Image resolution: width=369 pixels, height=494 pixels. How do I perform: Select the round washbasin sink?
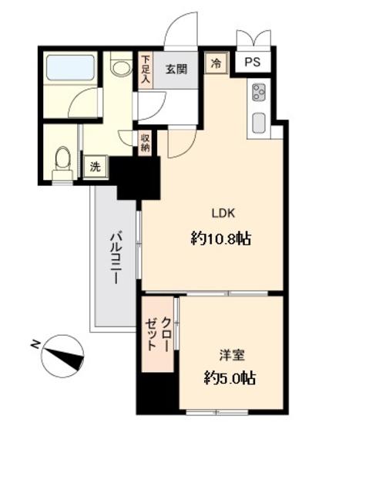(x=121, y=69)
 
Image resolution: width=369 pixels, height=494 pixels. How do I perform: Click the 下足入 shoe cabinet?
(x=146, y=71)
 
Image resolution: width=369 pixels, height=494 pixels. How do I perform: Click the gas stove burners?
(x=259, y=91)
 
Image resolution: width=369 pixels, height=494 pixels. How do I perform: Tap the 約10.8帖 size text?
(x=221, y=239)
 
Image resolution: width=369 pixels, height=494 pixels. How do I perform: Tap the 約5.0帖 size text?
(x=230, y=378)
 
